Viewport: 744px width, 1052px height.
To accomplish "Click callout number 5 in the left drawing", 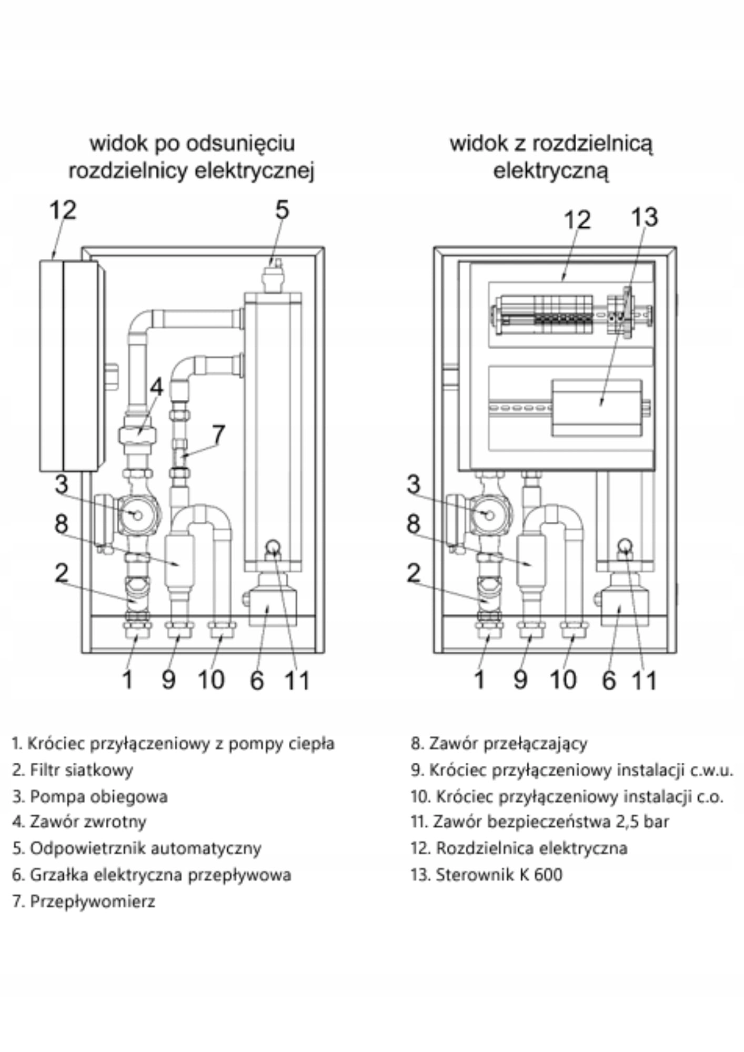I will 282,210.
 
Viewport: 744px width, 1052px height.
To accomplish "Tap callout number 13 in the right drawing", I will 645,217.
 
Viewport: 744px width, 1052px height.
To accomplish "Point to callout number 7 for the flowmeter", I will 218,434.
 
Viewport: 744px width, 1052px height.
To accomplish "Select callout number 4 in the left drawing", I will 156,387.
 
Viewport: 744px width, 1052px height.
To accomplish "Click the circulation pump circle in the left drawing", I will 137,515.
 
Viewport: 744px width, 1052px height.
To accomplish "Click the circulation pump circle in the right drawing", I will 489,515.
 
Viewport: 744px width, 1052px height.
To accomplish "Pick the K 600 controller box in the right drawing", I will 597,408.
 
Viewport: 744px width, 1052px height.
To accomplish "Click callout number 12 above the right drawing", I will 577,219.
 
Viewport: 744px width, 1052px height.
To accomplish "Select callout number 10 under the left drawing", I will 211,680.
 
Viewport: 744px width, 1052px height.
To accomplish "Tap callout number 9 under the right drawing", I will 520,680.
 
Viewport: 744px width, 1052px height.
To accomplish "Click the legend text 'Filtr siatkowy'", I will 81,770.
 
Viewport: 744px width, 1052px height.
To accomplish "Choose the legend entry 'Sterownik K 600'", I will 498,874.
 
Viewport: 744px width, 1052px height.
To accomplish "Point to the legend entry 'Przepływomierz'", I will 92,901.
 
